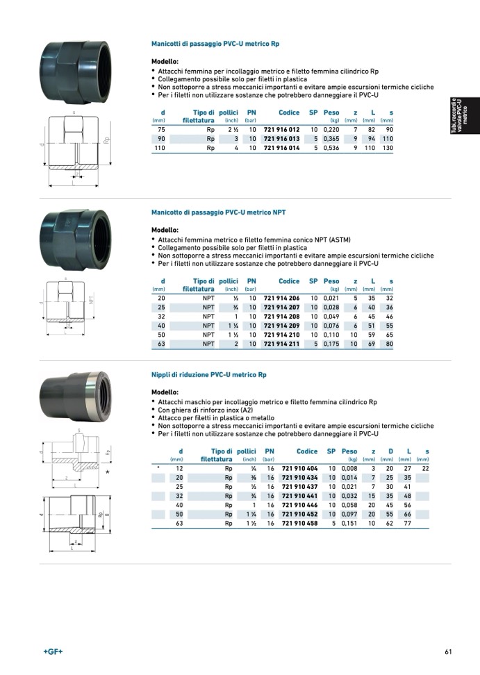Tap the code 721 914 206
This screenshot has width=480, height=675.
click(282, 298)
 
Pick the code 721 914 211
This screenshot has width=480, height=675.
click(282, 343)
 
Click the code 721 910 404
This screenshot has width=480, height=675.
click(300, 469)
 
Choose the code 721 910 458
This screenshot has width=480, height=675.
click(300, 524)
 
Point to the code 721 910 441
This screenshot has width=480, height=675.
click(300, 497)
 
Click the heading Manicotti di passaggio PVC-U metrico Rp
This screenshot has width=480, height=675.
click(215, 44)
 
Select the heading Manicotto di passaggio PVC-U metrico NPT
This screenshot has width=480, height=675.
click(218, 212)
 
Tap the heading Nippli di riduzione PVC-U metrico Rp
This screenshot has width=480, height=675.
click(209, 375)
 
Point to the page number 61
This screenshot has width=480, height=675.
click(449, 651)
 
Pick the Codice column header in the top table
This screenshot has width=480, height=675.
click(289, 112)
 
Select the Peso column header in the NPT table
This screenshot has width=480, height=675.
click(331, 281)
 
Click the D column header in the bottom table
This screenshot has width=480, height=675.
click(390, 451)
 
